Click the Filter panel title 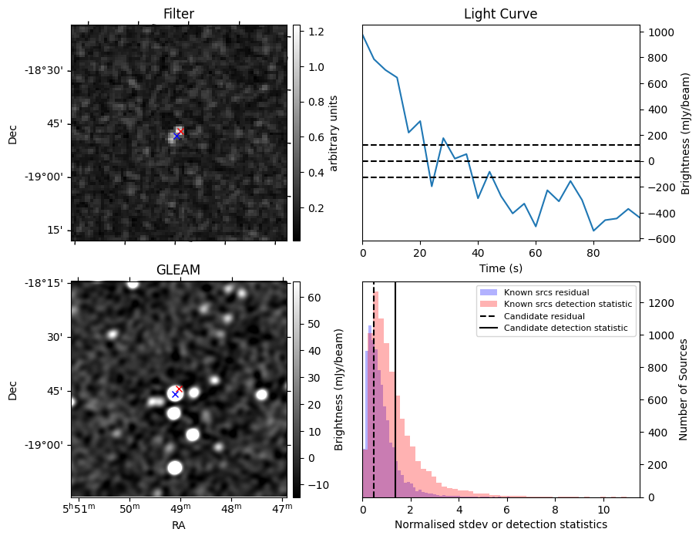point(178,14)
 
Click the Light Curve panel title point(500,14)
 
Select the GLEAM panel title point(178,270)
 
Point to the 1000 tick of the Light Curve point(662,32)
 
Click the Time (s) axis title point(500,267)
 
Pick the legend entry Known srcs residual point(545,292)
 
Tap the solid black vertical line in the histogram point(395,401)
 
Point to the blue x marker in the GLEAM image point(175,394)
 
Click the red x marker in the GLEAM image point(180,389)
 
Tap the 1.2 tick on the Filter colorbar point(316,32)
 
